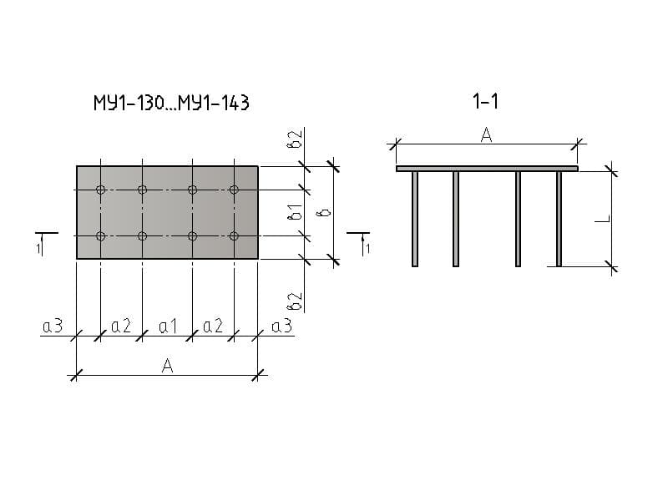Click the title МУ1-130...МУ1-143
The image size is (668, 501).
pyautogui.click(x=171, y=103)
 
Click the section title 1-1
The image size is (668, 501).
pyautogui.click(x=485, y=101)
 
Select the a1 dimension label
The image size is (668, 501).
pyautogui.click(x=168, y=326)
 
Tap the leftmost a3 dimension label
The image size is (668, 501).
pyautogui.click(x=53, y=326)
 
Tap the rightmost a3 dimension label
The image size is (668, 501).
pyautogui.click(x=281, y=326)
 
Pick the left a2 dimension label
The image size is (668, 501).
pyautogui.click(x=121, y=326)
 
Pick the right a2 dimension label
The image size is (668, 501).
pyautogui.click(x=213, y=326)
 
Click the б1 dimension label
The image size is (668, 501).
pyautogui.click(x=295, y=212)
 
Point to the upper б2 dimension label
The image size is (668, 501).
pyautogui.click(x=295, y=139)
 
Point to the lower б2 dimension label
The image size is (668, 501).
pyautogui.click(x=295, y=301)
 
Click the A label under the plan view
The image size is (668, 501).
pyautogui.click(x=168, y=366)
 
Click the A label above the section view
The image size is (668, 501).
pyautogui.click(x=486, y=135)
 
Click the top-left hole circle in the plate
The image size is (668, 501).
pyautogui.click(x=100, y=190)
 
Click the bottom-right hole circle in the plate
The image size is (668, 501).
pyautogui.click(x=234, y=235)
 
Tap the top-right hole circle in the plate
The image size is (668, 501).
pyautogui.click(x=234, y=190)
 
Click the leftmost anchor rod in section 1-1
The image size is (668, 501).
pyautogui.click(x=415, y=219)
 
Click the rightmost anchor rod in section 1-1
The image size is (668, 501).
pyautogui.click(x=559, y=219)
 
